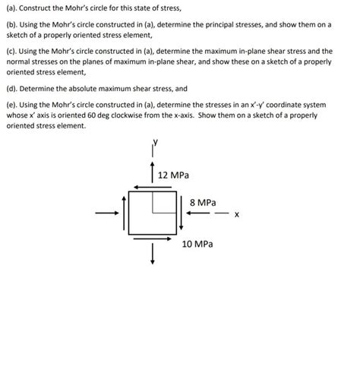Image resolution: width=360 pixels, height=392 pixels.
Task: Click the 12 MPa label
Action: pyautogui.click(x=174, y=175)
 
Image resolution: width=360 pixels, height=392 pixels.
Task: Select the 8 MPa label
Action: pyautogui.click(x=201, y=203)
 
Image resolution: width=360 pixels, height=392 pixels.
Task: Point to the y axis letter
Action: pyautogui.click(x=155, y=142)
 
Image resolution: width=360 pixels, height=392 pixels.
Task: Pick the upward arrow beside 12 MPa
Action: pyautogui.click(x=153, y=172)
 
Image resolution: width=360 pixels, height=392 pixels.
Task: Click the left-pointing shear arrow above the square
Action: pyautogui.click(x=150, y=188)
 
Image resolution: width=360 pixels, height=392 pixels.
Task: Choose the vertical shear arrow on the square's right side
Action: pyautogui.click(x=180, y=213)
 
